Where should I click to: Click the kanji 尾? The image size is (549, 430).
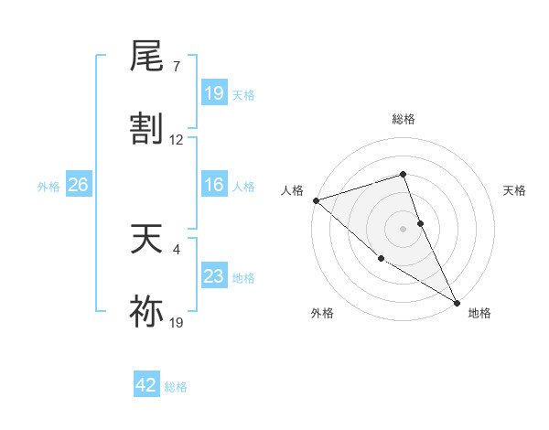click(147, 58)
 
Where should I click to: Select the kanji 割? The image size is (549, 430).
click(147, 129)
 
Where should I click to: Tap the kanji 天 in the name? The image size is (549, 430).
click(147, 241)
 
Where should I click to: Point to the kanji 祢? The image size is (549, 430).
click(147, 312)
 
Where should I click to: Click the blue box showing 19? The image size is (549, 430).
click(214, 93)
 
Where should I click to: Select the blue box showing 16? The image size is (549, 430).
click(214, 186)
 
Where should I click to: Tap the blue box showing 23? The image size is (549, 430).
click(214, 276)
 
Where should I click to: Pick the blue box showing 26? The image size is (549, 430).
click(78, 186)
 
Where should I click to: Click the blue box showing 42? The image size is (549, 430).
click(146, 385)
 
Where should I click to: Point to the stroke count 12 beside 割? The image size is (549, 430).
click(177, 140)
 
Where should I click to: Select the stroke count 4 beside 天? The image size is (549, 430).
click(176, 247)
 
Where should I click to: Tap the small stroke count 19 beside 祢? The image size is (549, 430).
click(177, 322)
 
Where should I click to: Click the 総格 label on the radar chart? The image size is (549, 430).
click(403, 120)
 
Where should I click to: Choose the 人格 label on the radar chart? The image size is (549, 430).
click(292, 190)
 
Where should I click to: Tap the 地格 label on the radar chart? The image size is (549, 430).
click(479, 314)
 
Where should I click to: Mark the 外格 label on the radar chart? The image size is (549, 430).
click(322, 314)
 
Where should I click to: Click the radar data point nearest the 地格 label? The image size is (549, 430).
click(457, 302)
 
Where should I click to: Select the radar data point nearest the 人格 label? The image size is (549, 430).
click(316, 200)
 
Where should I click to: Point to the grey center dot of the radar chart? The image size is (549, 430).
click(404, 229)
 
